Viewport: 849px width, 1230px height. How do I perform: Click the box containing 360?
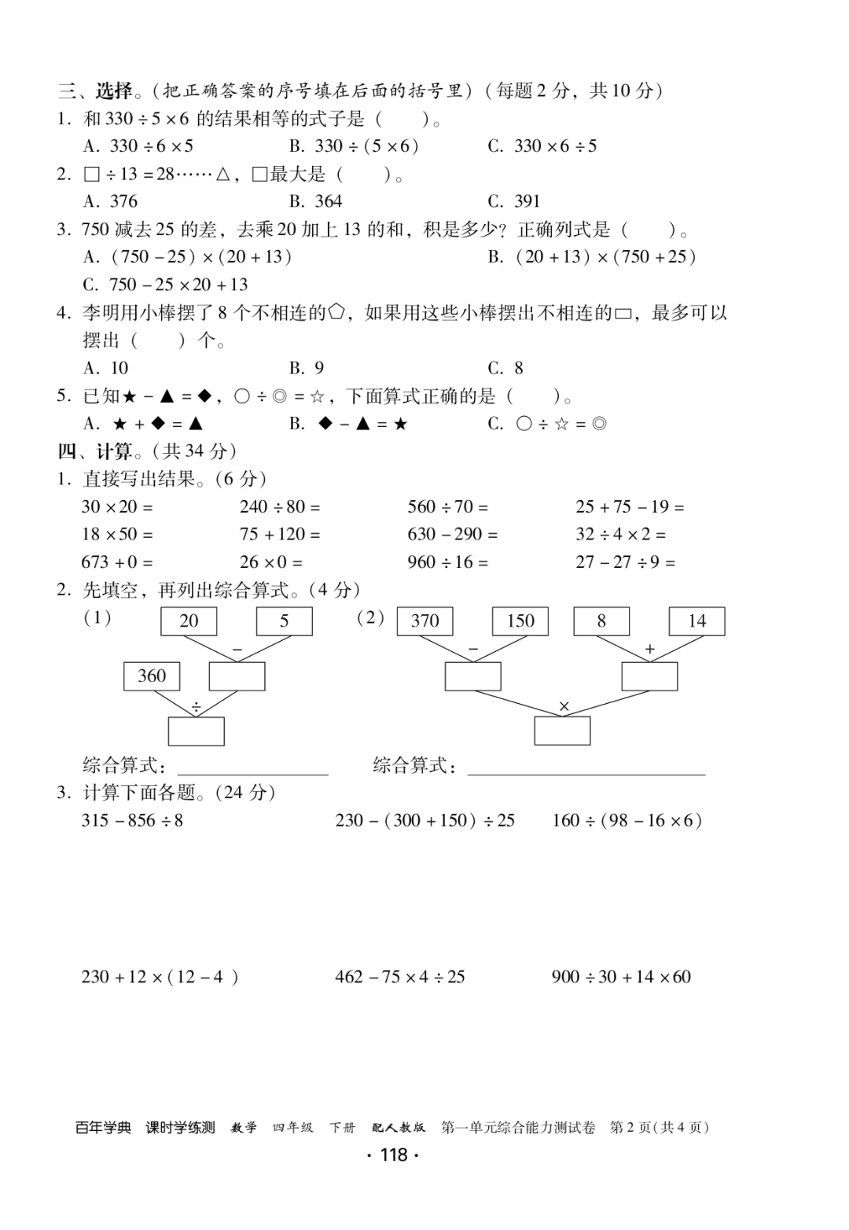[152, 676]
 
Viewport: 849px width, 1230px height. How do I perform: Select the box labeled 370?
[425, 621]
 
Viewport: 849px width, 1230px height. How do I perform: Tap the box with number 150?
[520, 621]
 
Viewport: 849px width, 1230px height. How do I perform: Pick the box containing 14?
[696, 621]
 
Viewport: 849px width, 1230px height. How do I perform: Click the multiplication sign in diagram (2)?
[564, 706]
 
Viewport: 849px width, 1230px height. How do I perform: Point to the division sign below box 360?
[196, 708]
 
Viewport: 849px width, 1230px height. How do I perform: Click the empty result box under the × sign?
[562, 731]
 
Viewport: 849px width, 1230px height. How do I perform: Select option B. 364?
[316, 201]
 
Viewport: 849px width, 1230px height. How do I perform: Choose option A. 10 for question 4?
[106, 368]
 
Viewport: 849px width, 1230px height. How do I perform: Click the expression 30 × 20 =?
[117, 507]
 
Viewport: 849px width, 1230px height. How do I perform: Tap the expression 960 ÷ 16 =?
[447, 562]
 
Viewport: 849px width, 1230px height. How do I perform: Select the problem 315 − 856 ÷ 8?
[132, 820]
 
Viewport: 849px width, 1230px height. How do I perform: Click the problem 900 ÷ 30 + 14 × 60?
[621, 977]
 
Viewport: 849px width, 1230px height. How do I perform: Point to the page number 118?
[393, 1155]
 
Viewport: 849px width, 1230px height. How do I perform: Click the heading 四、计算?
[96, 451]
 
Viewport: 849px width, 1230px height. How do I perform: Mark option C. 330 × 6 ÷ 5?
[542, 146]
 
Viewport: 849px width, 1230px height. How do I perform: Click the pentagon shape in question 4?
[336, 313]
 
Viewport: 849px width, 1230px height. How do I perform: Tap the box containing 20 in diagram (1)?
[189, 621]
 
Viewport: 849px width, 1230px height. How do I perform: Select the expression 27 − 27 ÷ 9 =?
[625, 562]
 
